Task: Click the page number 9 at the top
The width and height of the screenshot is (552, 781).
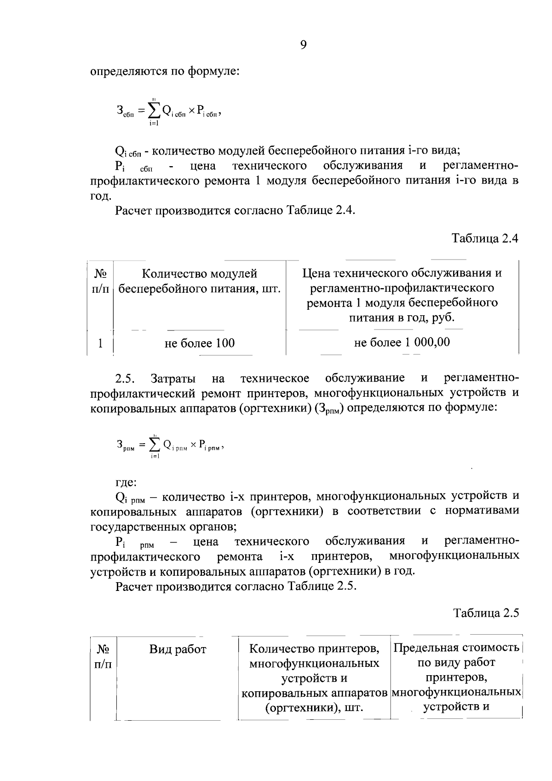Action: tap(303, 45)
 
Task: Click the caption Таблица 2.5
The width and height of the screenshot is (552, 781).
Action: tap(486, 613)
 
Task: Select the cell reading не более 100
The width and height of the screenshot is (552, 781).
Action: tap(200, 343)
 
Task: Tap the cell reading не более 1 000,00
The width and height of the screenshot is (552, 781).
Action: tap(402, 342)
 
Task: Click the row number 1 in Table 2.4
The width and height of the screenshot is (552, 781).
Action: tap(100, 343)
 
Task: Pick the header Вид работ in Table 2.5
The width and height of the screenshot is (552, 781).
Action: tap(178, 649)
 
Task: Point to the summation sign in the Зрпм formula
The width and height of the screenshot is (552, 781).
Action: tap(155, 445)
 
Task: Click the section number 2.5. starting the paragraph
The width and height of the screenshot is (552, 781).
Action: tap(125, 379)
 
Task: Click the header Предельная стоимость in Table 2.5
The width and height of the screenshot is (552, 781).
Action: tap(456, 648)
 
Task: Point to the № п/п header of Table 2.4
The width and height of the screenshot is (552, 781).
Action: tap(101, 281)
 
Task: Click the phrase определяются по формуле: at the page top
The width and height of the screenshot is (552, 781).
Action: tap(165, 72)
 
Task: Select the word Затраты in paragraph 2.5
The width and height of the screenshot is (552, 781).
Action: tap(173, 379)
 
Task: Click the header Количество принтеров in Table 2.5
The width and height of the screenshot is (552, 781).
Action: tap(314, 648)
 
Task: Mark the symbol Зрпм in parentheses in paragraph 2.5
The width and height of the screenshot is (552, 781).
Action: tap(329, 409)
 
